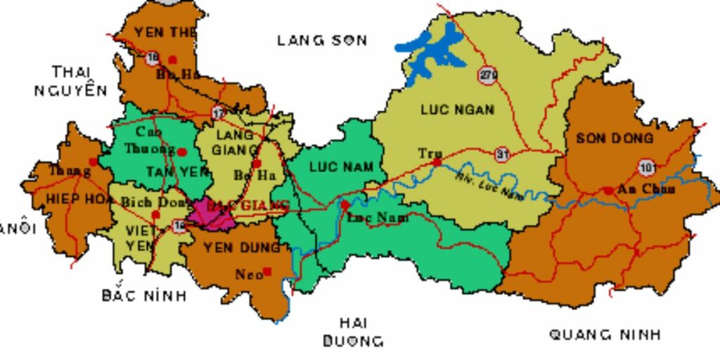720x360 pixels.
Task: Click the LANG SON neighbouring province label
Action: point(322,40)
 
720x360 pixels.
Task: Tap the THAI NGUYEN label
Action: point(71,81)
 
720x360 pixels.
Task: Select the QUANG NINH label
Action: point(605,335)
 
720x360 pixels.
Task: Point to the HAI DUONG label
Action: point(354,332)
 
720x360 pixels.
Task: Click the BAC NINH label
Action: point(144,295)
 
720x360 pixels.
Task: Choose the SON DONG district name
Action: point(614,139)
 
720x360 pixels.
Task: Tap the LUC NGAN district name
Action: point(457,109)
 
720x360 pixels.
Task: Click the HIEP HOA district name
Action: point(70,198)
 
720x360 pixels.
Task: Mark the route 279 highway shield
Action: point(487,75)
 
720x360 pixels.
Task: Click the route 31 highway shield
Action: point(501,153)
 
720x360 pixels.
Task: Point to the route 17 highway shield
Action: point(219,112)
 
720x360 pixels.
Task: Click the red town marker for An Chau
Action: point(607,190)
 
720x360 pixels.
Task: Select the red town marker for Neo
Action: point(267,271)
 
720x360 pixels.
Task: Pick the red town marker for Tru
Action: point(437,162)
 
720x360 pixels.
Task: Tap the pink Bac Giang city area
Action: point(211,214)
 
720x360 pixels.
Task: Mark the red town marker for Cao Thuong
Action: point(182,151)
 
